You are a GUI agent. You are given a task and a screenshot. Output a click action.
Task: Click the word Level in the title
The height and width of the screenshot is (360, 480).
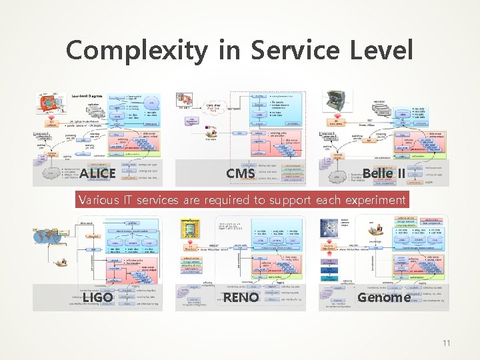point(379,51)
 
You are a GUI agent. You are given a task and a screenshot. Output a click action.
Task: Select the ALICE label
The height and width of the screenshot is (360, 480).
point(97,174)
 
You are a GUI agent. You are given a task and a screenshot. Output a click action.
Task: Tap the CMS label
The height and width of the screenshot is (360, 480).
point(240,174)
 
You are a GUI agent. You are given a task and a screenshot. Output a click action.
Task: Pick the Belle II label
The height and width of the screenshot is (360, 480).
point(383,174)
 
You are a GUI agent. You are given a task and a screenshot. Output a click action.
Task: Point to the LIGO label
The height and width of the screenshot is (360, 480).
point(97,297)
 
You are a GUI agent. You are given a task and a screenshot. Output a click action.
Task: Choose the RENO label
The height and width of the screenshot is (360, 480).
point(241,297)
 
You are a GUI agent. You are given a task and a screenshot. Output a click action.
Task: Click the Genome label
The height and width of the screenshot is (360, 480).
point(383,297)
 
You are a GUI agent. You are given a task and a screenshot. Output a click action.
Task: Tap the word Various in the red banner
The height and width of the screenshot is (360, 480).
point(99,199)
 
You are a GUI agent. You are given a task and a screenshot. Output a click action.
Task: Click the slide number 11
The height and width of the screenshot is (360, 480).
point(446,343)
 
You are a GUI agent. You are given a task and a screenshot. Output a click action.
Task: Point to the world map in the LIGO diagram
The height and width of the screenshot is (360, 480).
point(49,239)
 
